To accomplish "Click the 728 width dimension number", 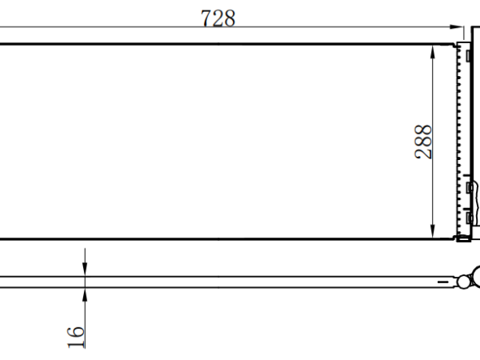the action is pyautogui.click(x=218, y=18).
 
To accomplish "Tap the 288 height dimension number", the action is pyautogui.click(x=423, y=142).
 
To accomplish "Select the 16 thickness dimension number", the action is pyautogui.click(x=76, y=337).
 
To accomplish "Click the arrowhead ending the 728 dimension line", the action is pyautogui.click(x=456, y=27).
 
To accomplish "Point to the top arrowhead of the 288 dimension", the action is pyautogui.click(x=432, y=52).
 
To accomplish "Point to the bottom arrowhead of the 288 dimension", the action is pyautogui.click(x=432, y=231).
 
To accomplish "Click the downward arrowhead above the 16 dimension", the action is pyautogui.click(x=85, y=269).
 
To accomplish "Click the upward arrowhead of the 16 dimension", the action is pyautogui.click(x=85, y=294).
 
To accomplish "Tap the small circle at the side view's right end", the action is pyautogui.click(x=463, y=282).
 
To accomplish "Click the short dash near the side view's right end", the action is pyautogui.click(x=443, y=282).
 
